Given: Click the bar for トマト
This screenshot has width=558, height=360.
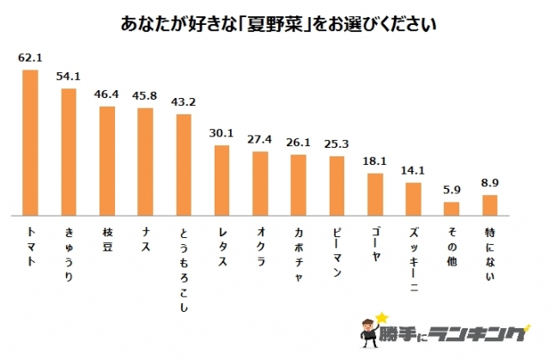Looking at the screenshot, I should (30, 143).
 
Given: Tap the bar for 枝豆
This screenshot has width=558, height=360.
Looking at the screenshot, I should (107, 161).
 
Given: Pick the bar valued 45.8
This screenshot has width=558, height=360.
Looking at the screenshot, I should (145, 162).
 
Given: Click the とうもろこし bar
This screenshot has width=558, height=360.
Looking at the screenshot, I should (184, 164).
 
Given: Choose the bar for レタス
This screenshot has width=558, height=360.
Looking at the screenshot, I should (221, 180).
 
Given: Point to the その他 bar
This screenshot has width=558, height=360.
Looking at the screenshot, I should (452, 209).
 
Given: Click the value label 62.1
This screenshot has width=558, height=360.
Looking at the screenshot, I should (30, 59).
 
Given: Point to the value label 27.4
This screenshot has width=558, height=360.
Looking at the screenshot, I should (260, 140).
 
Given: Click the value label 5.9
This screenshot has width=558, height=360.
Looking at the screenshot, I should (452, 191).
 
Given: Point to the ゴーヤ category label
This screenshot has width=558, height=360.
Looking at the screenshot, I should (374, 243).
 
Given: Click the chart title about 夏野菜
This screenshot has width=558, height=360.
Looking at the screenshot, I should (278, 24).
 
